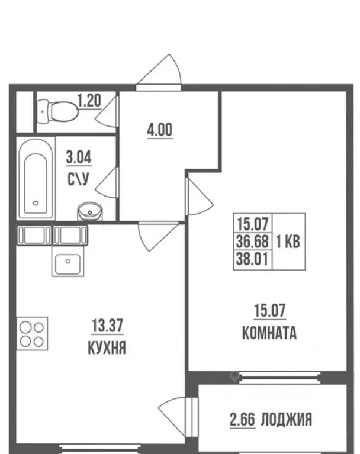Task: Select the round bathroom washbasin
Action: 90,210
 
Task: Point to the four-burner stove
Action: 32,334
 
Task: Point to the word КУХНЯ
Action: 107,347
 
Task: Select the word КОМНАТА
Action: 269,333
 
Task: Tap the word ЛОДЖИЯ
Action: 287,420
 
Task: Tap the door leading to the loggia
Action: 175,412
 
